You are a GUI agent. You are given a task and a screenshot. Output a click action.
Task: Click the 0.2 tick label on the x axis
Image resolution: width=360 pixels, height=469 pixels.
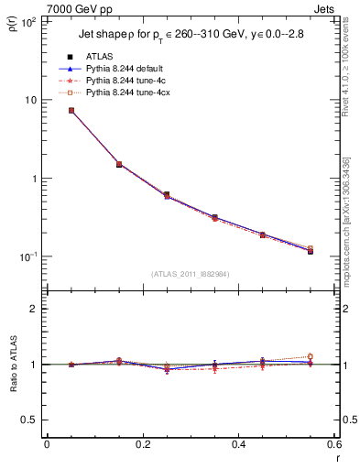[x=142, y=445]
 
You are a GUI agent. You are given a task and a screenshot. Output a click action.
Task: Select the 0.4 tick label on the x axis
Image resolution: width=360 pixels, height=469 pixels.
[x=238, y=445]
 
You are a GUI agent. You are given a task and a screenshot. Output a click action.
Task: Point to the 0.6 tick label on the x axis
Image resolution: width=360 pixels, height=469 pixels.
[x=333, y=445]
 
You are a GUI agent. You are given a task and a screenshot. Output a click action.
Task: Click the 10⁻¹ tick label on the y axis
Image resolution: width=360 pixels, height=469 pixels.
[x=27, y=256]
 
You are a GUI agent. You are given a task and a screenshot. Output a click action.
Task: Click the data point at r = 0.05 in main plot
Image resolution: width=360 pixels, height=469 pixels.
[x=71, y=110]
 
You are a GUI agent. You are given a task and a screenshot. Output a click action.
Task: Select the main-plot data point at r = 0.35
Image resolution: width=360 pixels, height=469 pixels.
[x=214, y=218]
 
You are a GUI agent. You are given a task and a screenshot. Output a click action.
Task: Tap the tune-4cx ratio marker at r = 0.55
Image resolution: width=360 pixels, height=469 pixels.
[x=310, y=356]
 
